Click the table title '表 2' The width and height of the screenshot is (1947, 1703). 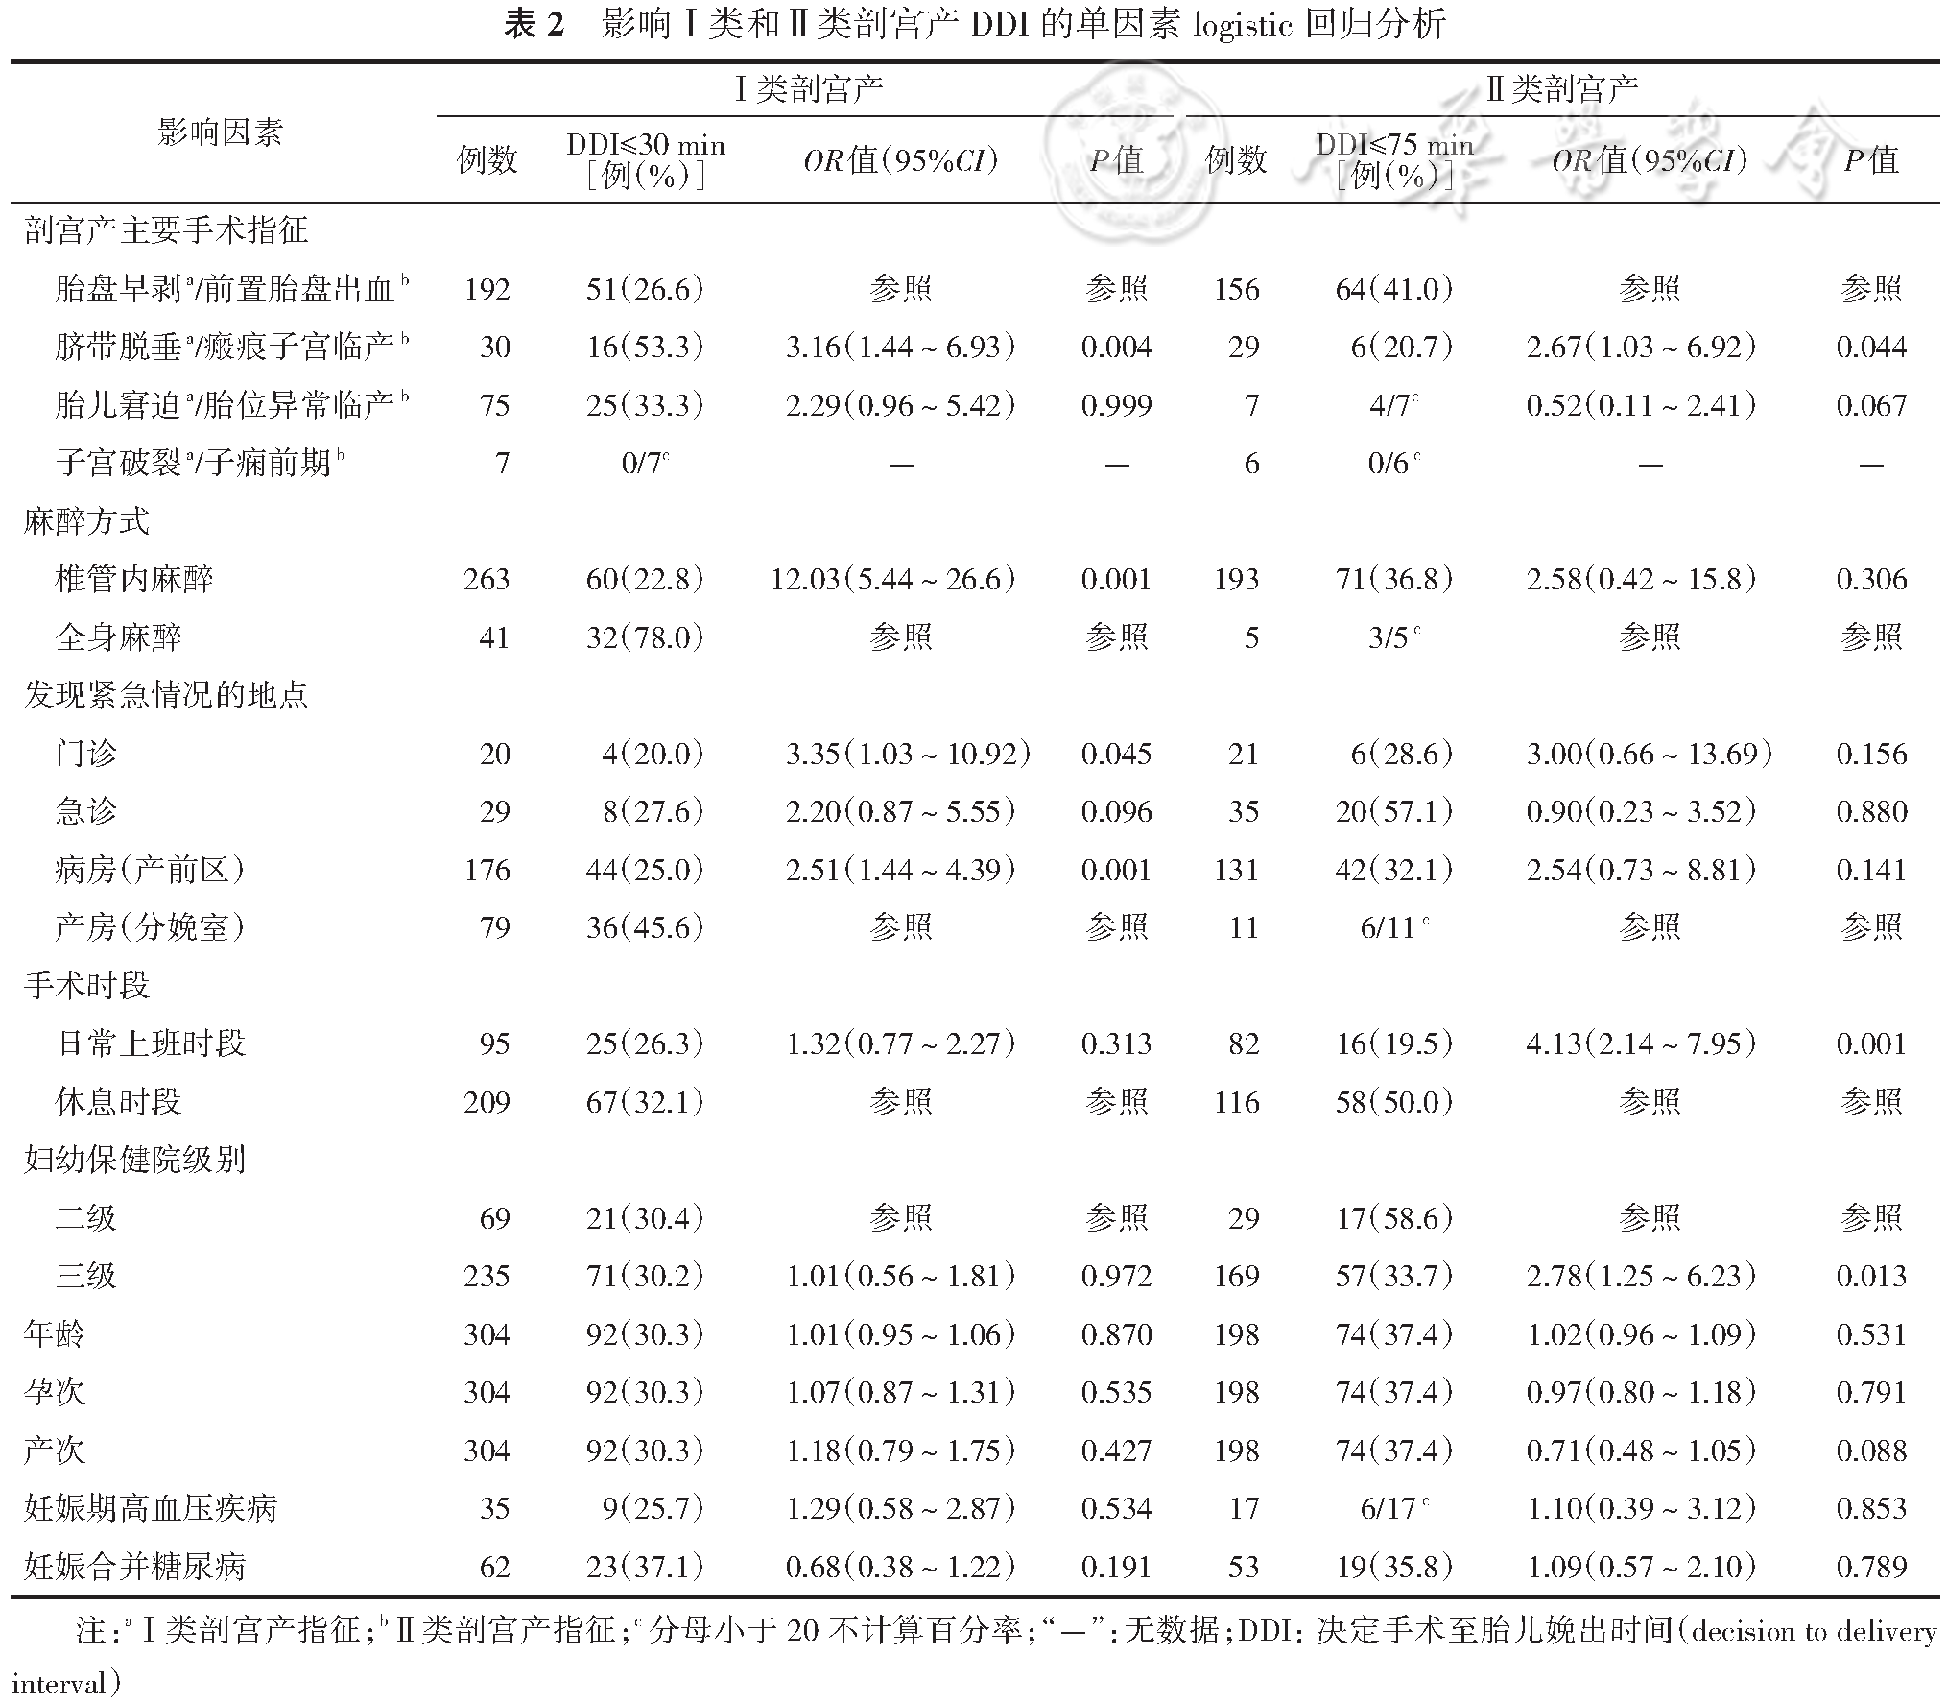coord(534,24)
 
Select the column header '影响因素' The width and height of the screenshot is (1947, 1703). coord(220,132)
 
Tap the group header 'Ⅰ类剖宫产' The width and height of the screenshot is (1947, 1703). coord(808,89)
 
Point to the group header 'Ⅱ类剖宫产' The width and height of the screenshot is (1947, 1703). coord(1561,89)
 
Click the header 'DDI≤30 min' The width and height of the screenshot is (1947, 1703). coord(646,145)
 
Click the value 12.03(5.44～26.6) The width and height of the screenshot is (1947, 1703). coord(892,579)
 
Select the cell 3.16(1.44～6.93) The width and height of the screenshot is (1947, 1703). coord(900,347)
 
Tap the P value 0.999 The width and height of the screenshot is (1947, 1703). coord(1116,405)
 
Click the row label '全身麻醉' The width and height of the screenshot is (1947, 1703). coord(119,637)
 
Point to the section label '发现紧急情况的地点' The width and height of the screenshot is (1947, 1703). coord(166,695)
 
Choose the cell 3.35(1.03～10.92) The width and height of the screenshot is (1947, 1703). coord(908,754)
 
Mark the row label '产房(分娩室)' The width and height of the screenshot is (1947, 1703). coord(150,927)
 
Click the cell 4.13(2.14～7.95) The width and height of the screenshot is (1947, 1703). coord(1641,1043)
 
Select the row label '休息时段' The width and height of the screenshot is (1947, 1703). coord(119,1102)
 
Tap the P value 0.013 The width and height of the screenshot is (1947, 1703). coord(1871,1276)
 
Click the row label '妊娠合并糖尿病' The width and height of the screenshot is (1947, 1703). coord(135,1567)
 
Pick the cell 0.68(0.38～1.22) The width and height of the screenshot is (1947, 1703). coord(900,1567)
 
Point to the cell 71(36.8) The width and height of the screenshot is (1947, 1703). coord(1393,579)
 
